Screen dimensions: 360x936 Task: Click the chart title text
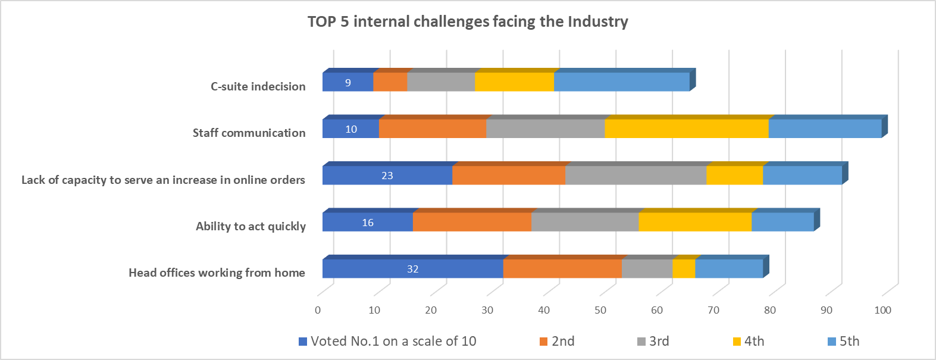(x=468, y=22)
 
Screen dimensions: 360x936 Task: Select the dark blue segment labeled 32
(x=412, y=269)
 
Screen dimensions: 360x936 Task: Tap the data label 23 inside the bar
(x=387, y=176)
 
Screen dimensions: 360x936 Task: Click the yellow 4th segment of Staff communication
(x=686, y=129)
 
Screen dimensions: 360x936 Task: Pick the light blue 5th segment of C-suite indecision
(x=621, y=82)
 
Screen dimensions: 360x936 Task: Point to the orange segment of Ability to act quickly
(x=472, y=222)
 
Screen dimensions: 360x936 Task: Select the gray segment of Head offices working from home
(x=647, y=269)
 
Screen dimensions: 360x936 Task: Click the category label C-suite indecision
(x=258, y=86)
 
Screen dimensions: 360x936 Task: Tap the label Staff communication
(x=249, y=133)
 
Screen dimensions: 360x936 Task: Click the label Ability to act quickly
(x=251, y=226)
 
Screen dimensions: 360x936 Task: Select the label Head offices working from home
(x=217, y=273)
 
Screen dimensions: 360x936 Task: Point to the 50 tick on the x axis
(x=600, y=310)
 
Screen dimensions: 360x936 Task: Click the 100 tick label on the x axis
(x=882, y=310)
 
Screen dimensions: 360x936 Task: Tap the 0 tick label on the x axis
(x=318, y=310)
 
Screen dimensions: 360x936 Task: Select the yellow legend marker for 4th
(x=737, y=342)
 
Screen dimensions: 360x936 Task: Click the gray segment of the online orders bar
(x=636, y=176)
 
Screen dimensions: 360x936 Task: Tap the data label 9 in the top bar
(x=348, y=83)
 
